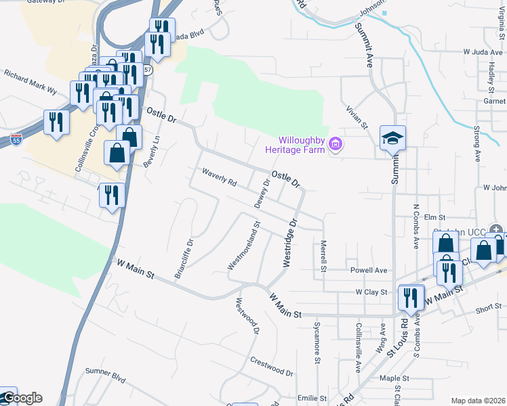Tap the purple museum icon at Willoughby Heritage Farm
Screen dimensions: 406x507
pyautogui.click(x=334, y=143)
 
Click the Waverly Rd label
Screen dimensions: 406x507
pyautogui.click(x=219, y=178)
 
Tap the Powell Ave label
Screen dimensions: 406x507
pyautogui.click(x=369, y=270)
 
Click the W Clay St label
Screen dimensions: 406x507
pyautogui.click(x=371, y=292)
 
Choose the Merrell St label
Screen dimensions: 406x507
pyautogui.click(x=324, y=256)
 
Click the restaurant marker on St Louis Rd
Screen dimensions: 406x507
pyautogui.click(x=411, y=296)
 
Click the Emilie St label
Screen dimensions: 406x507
pyautogui.click(x=312, y=399)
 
